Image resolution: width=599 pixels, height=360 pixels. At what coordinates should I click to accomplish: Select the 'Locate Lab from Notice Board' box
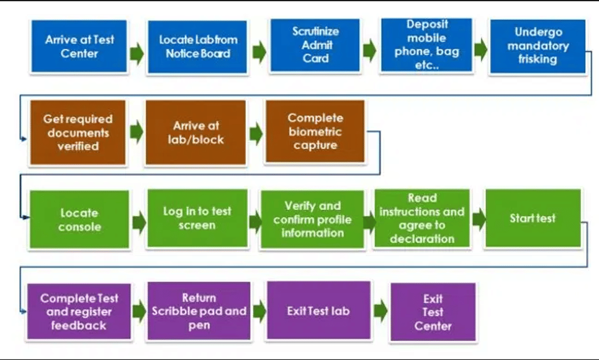click(x=197, y=47)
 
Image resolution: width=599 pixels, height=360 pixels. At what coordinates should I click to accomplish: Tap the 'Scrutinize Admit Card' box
click(x=315, y=45)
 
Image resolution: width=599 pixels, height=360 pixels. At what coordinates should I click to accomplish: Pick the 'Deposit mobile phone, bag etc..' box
click(x=427, y=45)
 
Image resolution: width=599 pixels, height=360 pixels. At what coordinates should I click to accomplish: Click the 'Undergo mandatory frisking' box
click(x=537, y=46)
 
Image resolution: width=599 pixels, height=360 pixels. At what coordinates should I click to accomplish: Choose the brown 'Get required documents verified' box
click(x=78, y=133)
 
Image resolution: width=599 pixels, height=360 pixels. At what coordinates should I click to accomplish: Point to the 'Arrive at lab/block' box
click(x=196, y=133)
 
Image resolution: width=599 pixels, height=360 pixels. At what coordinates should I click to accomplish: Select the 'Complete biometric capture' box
click(x=315, y=132)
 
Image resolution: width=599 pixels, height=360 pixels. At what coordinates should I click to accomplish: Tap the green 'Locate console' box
click(x=79, y=220)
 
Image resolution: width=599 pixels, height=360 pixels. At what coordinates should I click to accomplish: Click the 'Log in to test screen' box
click(x=197, y=219)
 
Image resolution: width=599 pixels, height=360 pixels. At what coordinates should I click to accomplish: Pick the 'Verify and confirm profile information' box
click(x=312, y=219)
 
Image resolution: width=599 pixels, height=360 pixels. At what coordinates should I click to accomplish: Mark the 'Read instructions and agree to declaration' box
click(x=422, y=219)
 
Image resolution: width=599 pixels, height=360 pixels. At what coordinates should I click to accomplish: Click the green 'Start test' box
click(x=533, y=219)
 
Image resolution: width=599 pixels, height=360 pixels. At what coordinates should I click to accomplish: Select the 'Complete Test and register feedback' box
click(x=79, y=312)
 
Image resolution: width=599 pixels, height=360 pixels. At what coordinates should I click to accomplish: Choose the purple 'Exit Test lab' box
click(x=318, y=311)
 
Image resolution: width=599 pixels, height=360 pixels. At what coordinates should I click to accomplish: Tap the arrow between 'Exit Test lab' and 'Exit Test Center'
click(x=380, y=312)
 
